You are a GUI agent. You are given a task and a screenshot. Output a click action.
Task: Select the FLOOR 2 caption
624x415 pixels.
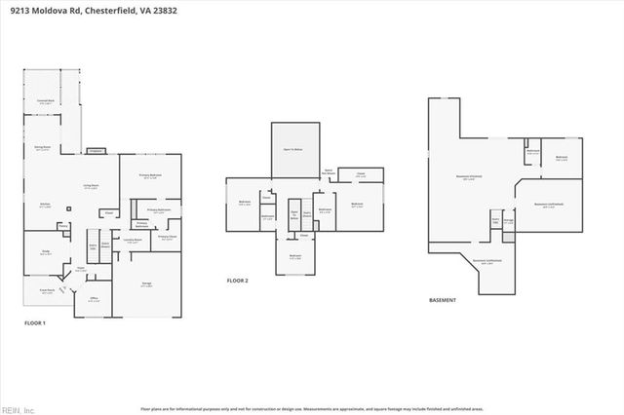pyautogui.click(x=238, y=280)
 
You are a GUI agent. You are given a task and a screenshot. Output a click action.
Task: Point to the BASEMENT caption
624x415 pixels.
pyautogui.click(x=443, y=300)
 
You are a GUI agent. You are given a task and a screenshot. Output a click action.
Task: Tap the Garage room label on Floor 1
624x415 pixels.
pyautogui.click(x=145, y=284)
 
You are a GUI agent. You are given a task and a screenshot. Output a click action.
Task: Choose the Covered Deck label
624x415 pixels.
pyautogui.click(x=45, y=101)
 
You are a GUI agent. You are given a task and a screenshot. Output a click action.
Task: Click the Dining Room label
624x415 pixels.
pyautogui.click(x=42, y=148)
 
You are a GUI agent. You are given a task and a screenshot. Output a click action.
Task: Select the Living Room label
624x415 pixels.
pyautogui.click(x=90, y=187)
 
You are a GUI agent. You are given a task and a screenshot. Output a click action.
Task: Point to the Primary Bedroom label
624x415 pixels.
pyautogui.click(x=149, y=176)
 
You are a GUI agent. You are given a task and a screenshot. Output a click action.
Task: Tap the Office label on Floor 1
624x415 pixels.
pyautogui.click(x=94, y=299)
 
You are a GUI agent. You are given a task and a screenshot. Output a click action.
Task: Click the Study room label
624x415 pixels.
pyautogui.click(x=45, y=251)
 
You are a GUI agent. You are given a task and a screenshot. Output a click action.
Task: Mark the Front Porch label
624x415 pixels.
pyautogui.click(x=46, y=290)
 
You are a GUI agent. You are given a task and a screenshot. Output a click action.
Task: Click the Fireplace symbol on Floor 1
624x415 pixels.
pyautogui.click(x=96, y=151)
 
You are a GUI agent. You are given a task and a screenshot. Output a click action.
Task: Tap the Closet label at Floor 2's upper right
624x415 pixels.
pyautogui.click(x=360, y=174)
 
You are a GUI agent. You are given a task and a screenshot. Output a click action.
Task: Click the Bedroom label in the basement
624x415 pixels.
pyautogui.click(x=561, y=158)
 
